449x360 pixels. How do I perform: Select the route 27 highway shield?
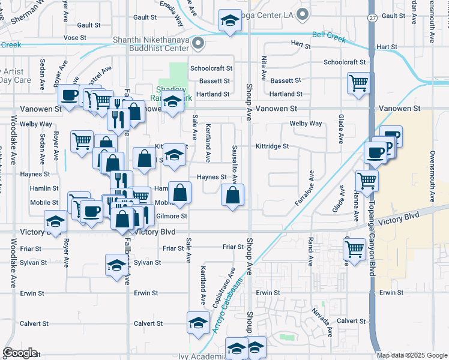(372, 18)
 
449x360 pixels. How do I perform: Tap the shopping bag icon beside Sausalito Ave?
(232, 196)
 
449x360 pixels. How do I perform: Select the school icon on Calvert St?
(197, 322)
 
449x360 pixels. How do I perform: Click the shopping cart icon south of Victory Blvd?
(355, 247)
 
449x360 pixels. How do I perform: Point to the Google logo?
(20, 353)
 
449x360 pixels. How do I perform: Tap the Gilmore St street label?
(172, 216)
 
